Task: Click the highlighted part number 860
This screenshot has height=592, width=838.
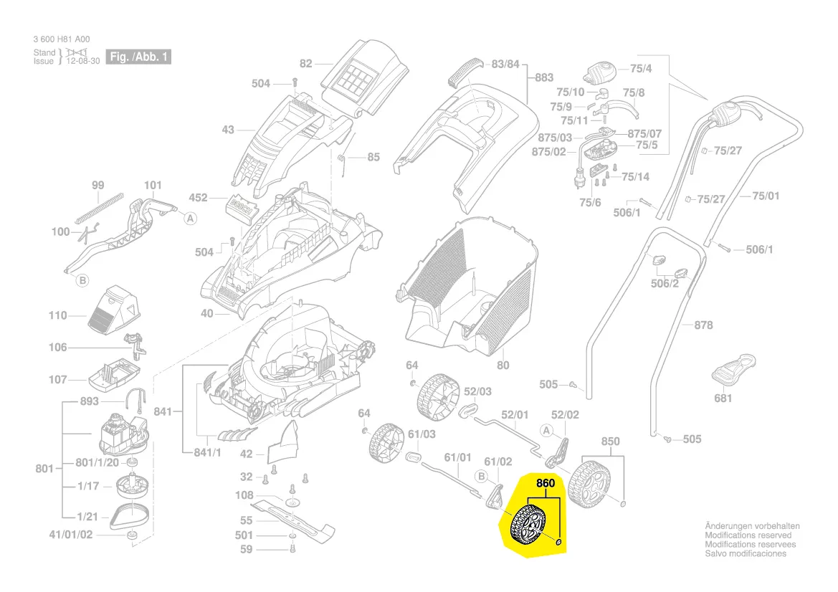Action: [x=546, y=484]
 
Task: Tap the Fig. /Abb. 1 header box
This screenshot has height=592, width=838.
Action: [x=138, y=57]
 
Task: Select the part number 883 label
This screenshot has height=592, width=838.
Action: [x=544, y=77]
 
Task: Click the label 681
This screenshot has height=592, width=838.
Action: [x=723, y=398]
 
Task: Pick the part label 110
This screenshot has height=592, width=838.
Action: [x=57, y=315]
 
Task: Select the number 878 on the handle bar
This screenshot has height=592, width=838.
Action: [x=703, y=325]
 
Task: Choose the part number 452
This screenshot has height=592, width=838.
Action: [x=198, y=198]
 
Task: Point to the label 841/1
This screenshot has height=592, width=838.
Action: [x=207, y=453]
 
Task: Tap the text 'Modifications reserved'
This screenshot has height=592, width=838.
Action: [x=748, y=535]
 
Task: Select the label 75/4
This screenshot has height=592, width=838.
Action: [x=640, y=69]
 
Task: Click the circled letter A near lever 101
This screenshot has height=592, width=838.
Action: [x=190, y=219]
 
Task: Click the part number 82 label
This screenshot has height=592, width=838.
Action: [x=306, y=64]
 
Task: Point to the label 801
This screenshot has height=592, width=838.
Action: [x=44, y=469]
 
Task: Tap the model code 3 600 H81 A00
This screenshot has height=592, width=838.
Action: [x=62, y=39]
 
